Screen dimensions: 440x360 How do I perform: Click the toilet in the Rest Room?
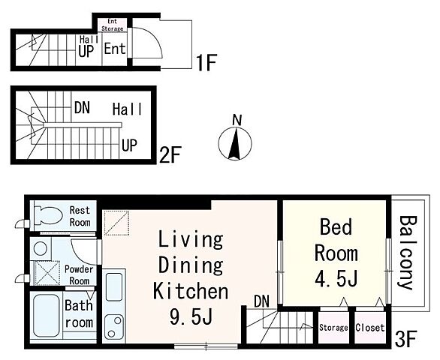tap(48, 216)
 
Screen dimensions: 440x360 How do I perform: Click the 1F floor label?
tap(206, 63)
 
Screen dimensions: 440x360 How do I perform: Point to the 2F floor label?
tap(170, 154)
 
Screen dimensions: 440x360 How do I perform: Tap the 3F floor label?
tap(405, 339)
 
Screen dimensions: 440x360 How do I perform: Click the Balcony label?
tap(408, 252)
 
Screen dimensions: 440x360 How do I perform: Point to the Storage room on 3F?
tap(333, 328)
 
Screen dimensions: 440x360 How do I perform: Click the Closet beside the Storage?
tap(370, 328)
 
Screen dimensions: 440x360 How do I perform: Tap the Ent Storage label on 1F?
tap(112, 25)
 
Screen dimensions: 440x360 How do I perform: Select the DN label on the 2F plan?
tap(82, 108)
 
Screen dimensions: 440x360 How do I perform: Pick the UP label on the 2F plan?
tap(129, 145)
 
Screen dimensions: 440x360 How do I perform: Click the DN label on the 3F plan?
tap(261, 301)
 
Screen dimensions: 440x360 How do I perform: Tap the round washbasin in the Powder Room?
tap(41, 248)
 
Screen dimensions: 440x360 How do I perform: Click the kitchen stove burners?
tap(114, 327)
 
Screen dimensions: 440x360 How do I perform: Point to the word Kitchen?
tap(191, 291)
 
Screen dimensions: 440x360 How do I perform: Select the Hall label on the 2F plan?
tap(127, 109)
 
